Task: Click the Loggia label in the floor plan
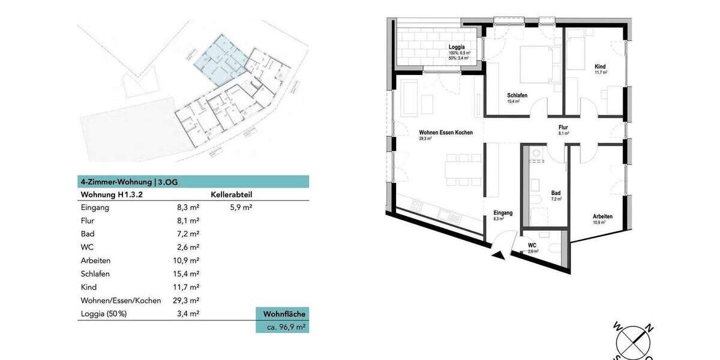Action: pos(457,47)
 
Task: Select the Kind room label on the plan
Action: pos(601,66)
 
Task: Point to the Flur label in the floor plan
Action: pos(563,127)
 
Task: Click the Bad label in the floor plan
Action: pos(556,193)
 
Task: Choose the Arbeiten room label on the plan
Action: pos(602,217)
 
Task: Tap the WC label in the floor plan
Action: pos(532,245)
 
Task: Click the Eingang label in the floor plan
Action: pos(503,213)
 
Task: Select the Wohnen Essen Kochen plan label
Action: pos(446,132)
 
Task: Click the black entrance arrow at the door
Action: pos(498,256)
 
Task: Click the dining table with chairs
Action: pos(461,169)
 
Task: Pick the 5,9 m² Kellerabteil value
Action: pos(241,208)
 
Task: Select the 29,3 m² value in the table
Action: pos(185,301)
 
